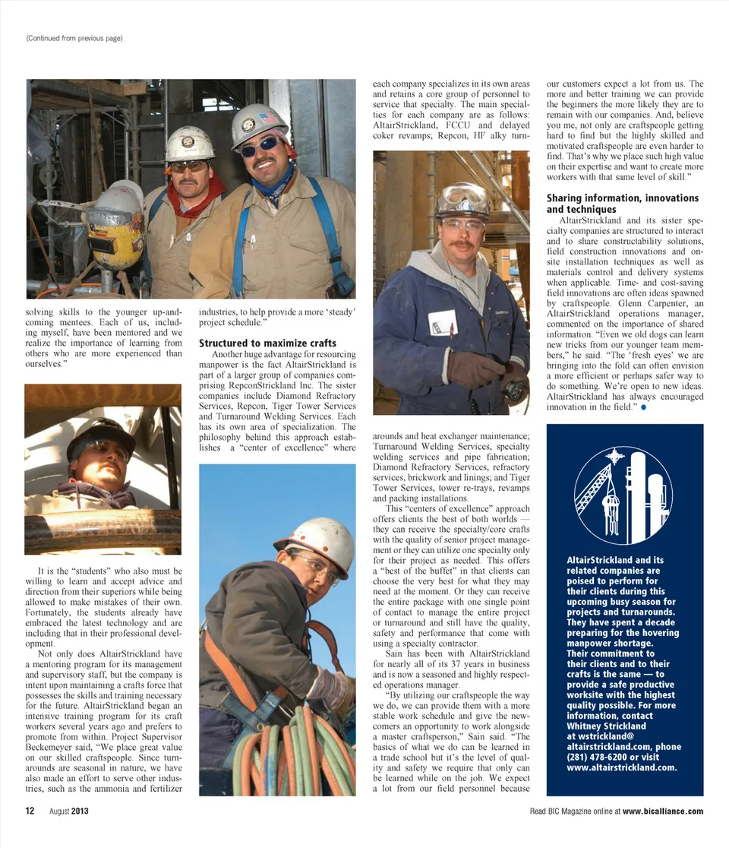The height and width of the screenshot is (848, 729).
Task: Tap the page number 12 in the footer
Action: click(30, 812)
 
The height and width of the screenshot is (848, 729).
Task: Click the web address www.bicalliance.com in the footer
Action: click(663, 812)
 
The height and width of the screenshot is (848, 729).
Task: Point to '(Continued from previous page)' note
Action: click(74, 38)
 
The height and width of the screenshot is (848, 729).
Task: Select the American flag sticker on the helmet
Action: click(269, 118)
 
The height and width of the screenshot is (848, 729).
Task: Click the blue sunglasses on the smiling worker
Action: click(260, 146)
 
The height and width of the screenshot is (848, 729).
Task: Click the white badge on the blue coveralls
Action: click(443, 323)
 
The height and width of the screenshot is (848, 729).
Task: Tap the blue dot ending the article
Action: click(643, 407)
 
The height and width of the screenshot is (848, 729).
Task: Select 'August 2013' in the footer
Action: click(69, 812)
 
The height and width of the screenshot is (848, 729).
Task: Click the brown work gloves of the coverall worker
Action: click(475, 369)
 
